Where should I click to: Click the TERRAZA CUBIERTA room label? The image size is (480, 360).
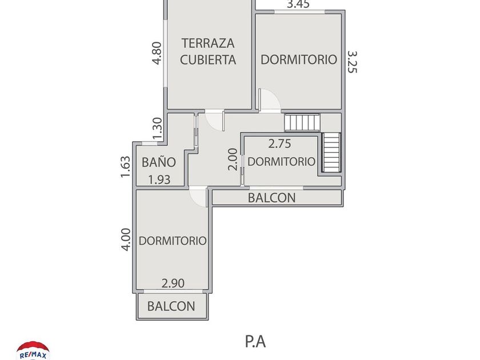tap(208, 51)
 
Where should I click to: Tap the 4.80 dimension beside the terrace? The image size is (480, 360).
tap(157, 53)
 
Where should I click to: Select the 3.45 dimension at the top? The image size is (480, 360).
tap(298, 5)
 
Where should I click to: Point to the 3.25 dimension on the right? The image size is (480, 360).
tap(352, 62)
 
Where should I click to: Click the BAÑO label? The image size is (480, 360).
tap(159, 162)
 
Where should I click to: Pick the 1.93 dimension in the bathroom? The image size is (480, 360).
tap(159, 179)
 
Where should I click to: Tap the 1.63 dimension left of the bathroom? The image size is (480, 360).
tap(126, 167)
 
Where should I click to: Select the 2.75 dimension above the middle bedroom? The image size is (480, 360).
tap(280, 144)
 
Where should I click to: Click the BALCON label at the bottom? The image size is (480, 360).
tap(171, 306)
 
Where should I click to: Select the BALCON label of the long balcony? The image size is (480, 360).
tap(271, 198)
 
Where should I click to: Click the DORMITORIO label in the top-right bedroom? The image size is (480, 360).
tap(298, 59)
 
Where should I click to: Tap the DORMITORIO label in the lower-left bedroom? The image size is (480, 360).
tap(173, 241)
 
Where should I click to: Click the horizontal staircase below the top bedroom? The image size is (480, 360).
tap(303, 122)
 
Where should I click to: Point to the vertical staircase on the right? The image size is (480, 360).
tap(331, 152)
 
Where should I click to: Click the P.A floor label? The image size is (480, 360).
tap(255, 341)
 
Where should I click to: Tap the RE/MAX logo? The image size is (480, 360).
tap(33, 350)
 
